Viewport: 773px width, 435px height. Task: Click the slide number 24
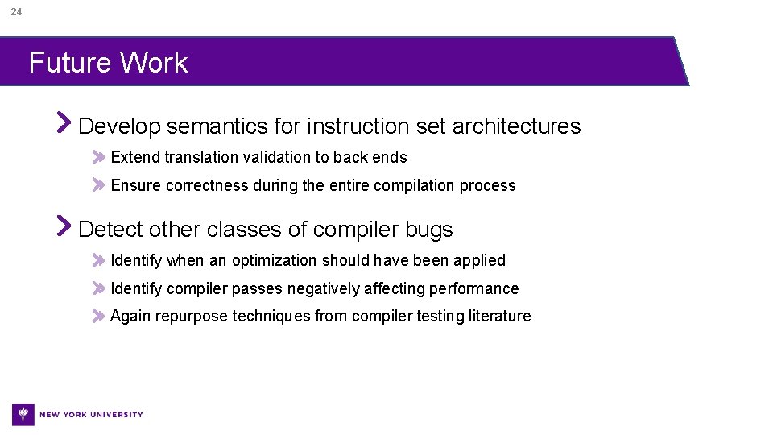coord(17,12)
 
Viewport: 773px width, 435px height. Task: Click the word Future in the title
coord(68,63)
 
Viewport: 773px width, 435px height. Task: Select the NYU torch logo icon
coord(23,414)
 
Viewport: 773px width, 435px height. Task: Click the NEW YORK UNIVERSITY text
coord(91,415)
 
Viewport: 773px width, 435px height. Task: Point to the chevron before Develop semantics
coord(64,123)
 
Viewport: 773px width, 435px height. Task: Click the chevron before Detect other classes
coord(64,226)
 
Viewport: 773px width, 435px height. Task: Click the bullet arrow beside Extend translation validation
coord(98,156)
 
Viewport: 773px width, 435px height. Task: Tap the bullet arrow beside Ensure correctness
coord(98,184)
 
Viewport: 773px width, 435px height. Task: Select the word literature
coord(499,316)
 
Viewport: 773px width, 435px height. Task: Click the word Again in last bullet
coord(130,317)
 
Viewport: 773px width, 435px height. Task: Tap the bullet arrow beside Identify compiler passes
coord(98,288)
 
